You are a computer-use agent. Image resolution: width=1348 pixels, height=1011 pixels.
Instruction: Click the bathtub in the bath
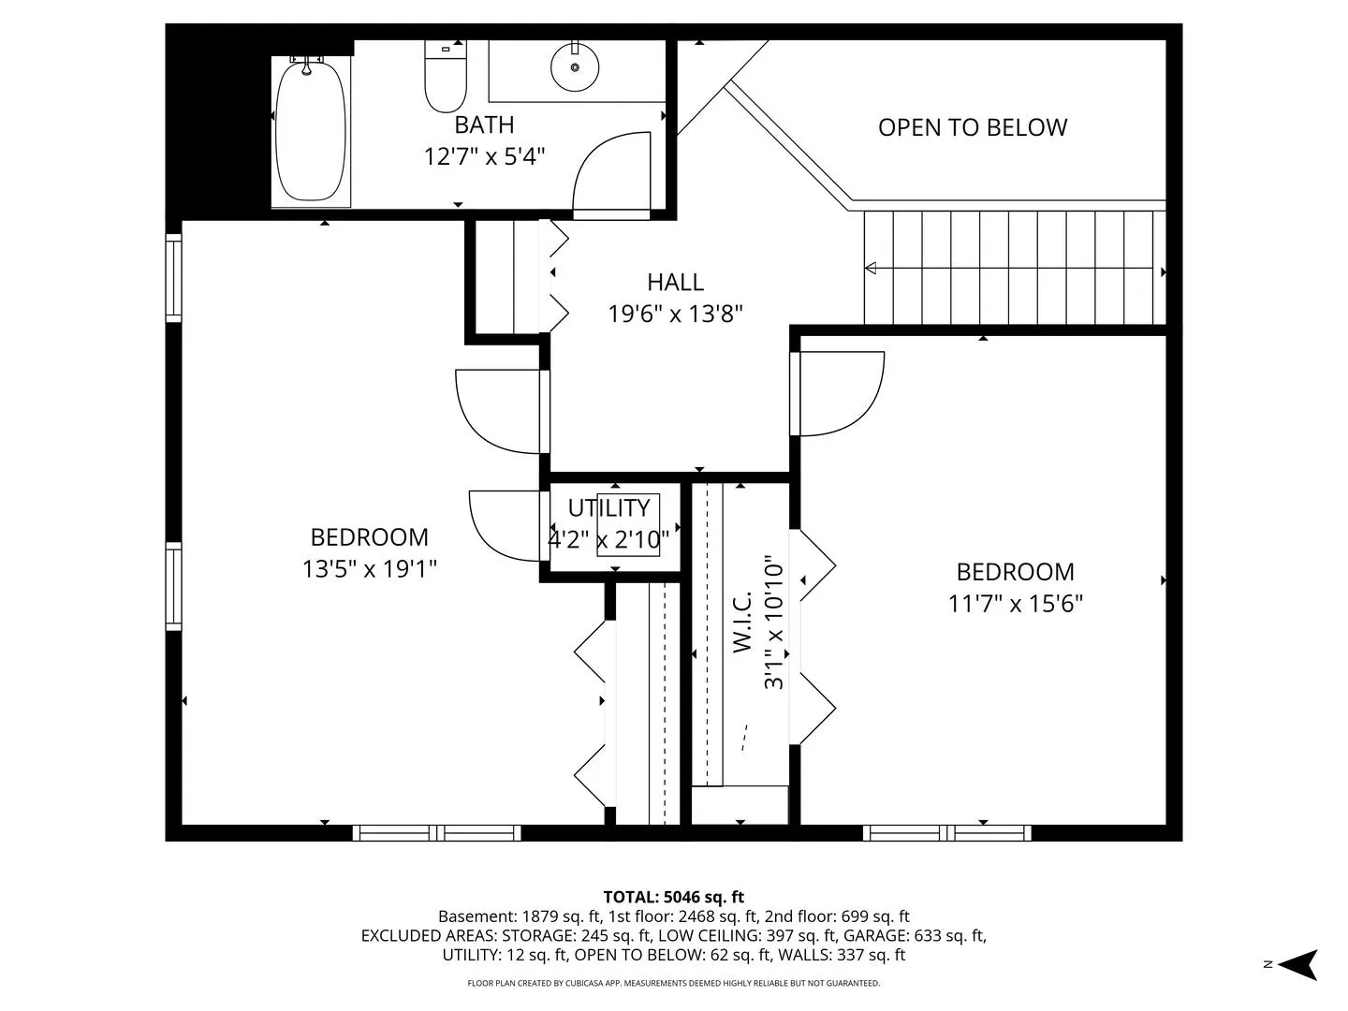click(311, 129)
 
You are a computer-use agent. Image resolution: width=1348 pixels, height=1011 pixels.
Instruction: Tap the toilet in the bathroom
click(446, 77)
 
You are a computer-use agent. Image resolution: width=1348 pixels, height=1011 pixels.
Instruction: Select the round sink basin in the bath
click(575, 66)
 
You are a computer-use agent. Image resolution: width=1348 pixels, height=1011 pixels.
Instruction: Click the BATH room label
click(484, 125)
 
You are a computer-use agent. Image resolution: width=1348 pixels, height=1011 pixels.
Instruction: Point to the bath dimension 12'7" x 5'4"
click(485, 156)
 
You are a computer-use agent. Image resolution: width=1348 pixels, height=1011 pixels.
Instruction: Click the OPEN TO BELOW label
click(973, 127)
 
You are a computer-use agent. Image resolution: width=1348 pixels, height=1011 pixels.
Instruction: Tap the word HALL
click(675, 283)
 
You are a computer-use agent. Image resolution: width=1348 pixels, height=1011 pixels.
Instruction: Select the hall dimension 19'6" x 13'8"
click(675, 315)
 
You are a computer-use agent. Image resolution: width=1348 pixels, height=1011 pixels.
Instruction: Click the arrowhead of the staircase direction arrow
click(871, 269)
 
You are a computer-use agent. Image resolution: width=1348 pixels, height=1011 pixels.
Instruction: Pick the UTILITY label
click(608, 508)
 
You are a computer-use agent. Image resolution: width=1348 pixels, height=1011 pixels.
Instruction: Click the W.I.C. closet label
click(742, 622)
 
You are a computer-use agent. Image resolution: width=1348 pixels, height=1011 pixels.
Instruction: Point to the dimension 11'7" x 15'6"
click(1015, 604)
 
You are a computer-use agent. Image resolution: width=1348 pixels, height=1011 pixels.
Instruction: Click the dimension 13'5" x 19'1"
click(369, 569)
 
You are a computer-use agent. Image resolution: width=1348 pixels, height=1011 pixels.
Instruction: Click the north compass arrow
click(1301, 964)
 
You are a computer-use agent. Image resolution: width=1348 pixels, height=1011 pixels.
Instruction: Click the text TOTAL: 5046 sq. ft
click(674, 897)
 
